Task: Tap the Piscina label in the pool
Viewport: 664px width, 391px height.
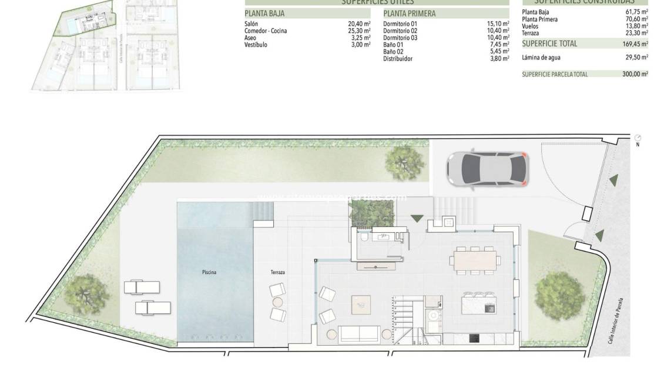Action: tap(207, 272)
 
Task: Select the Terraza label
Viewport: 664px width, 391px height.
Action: tap(278, 272)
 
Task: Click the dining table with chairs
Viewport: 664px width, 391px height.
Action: tap(475, 259)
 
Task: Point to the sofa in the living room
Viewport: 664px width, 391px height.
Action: tap(360, 334)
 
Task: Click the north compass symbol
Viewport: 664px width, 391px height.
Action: tap(638, 138)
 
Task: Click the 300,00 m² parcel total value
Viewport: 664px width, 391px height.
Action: tap(636, 74)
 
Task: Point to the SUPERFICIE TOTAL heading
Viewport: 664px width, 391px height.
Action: tap(549, 44)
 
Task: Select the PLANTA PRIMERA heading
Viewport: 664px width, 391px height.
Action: tap(410, 14)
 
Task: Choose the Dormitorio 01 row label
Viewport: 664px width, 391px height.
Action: tap(400, 24)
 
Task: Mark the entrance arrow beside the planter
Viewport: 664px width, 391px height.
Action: tap(417, 219)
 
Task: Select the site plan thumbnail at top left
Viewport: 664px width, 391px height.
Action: tap(106, 46)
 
